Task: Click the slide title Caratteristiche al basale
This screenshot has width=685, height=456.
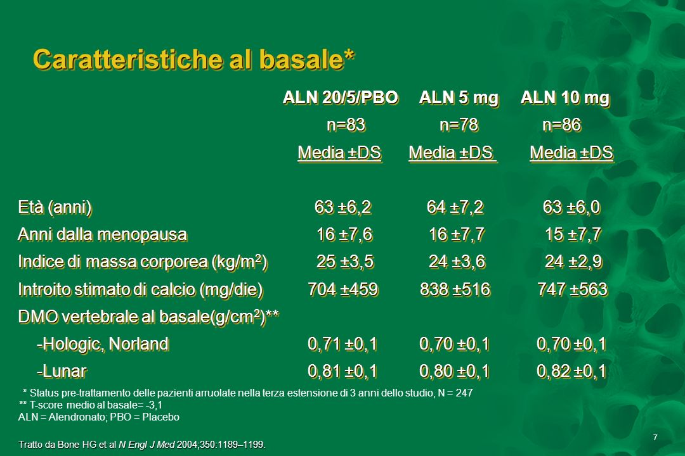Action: [x=193, y=60]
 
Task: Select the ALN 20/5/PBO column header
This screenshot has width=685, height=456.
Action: [x=341, y=98]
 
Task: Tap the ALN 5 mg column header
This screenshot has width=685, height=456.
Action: [x=459, y=98]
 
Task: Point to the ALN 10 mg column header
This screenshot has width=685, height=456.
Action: [x=565, y=98]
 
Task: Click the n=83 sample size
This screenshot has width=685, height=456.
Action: [x=346, y=125]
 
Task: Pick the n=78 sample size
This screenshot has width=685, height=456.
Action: [x=459, y=125]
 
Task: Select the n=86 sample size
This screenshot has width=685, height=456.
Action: [x=561, y=125]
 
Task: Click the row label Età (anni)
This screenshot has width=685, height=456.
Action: [x=55, y=207]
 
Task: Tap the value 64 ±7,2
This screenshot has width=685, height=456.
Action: [x=455, y=207]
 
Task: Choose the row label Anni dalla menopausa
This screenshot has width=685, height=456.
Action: [x=102, y=235]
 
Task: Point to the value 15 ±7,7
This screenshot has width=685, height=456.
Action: [x=573, y=235]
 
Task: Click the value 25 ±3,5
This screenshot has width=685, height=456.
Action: [x=345, y=262]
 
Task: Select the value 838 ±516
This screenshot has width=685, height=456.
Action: [x=455, y=289]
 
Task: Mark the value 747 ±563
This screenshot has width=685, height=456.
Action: [x=573, y=289]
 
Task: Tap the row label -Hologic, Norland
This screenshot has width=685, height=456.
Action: [x=103, y=345]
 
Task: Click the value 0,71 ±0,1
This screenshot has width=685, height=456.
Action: [x=342, y=345]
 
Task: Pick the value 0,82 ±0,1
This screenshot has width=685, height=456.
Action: [x=571, y=371]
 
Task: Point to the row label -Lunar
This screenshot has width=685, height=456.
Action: [x=62, y=371]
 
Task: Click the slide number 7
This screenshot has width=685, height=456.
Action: [x=655, y=437]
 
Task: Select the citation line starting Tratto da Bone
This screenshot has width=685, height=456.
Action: [x=142, y=445]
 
